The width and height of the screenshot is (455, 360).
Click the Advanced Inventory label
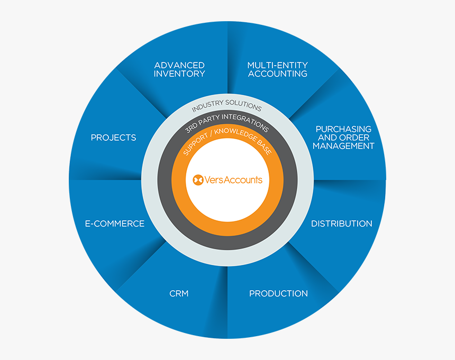pyautogui.click(x=179, y=69)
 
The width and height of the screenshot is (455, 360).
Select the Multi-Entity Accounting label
pyautogui.click(x=277, y=69)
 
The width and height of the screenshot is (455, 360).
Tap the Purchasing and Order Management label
pyautogui.click(x=343, y=137)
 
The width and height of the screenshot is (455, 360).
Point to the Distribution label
pyautogui.click(x=342, y=223)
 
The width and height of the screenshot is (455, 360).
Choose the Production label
pyautogui.click(x=279, y=293)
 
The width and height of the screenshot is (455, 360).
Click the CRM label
pyautogui.click(x=179, y=293)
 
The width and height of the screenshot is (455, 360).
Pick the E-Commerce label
pyautogui.click(x=115, y=223)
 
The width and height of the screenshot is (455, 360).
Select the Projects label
pyautogui.click(x=113, y=137)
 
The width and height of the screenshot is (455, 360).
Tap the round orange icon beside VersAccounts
pyautogui.click(x=198, y=180)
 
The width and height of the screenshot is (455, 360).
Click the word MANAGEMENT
pyautogui.click(x=343, y=146)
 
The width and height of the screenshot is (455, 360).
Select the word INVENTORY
pyautogui.click(x=179, y=74)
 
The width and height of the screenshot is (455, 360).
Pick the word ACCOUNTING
pyautogui.click(x=278, y=74)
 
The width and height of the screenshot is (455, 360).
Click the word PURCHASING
pyautogui.click(x=343, y=129)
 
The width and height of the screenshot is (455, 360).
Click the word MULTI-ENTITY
pyautogui.click(x=277, y=65)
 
